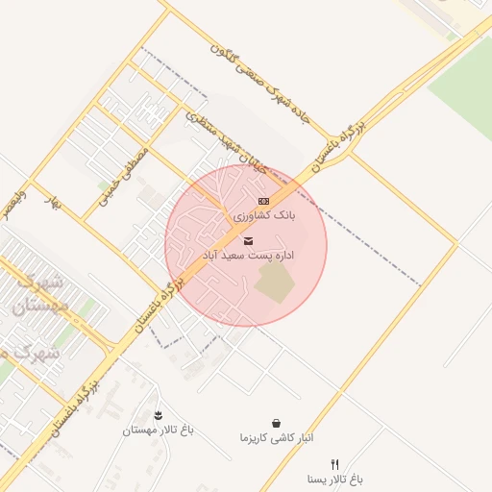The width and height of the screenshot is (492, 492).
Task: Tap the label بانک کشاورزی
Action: point(264,216)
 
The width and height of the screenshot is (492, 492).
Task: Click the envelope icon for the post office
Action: point(250,240)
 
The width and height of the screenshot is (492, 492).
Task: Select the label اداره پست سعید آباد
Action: point(248,256)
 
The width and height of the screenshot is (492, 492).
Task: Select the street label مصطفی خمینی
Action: point(125,173)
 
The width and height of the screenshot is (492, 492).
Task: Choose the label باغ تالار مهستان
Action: point(158,430)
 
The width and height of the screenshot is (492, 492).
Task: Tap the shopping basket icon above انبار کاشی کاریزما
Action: point(277,422)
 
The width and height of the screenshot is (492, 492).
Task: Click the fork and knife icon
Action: point(334,463)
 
